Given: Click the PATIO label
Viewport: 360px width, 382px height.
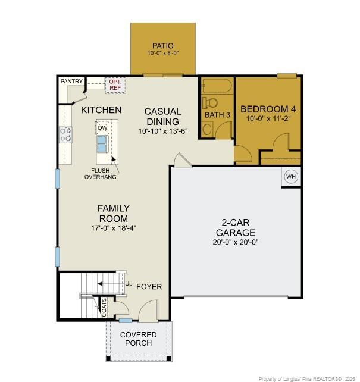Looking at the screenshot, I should (162, 45).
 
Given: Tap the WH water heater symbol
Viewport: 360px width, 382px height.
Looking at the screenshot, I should (291, 177).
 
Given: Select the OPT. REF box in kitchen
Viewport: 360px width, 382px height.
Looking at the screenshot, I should (114, 84).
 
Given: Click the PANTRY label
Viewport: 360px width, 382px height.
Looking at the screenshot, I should (71, 82).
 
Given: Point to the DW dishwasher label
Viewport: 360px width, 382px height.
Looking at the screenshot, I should (102, 127).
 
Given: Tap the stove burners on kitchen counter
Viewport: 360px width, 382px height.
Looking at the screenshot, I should (65, 134).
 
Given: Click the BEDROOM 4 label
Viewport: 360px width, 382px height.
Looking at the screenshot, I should (268, 109).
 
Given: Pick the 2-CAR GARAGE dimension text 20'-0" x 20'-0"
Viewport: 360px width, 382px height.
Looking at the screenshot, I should (236, 242).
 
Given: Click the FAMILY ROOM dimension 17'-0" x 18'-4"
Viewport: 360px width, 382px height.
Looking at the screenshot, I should (113, 228).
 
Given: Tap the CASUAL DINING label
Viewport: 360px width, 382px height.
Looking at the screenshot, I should (163, 116).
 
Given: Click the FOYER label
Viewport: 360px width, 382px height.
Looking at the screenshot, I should (149, 287).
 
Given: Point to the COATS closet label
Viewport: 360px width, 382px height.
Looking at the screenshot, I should (105, 307).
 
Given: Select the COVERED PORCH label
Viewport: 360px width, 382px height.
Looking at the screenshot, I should (139, 339).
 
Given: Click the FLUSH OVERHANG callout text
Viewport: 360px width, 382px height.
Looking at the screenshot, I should (100, 173).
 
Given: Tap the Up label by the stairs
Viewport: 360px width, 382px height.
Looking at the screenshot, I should (128, 283).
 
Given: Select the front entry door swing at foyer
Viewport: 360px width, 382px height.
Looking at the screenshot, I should (147, 311).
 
